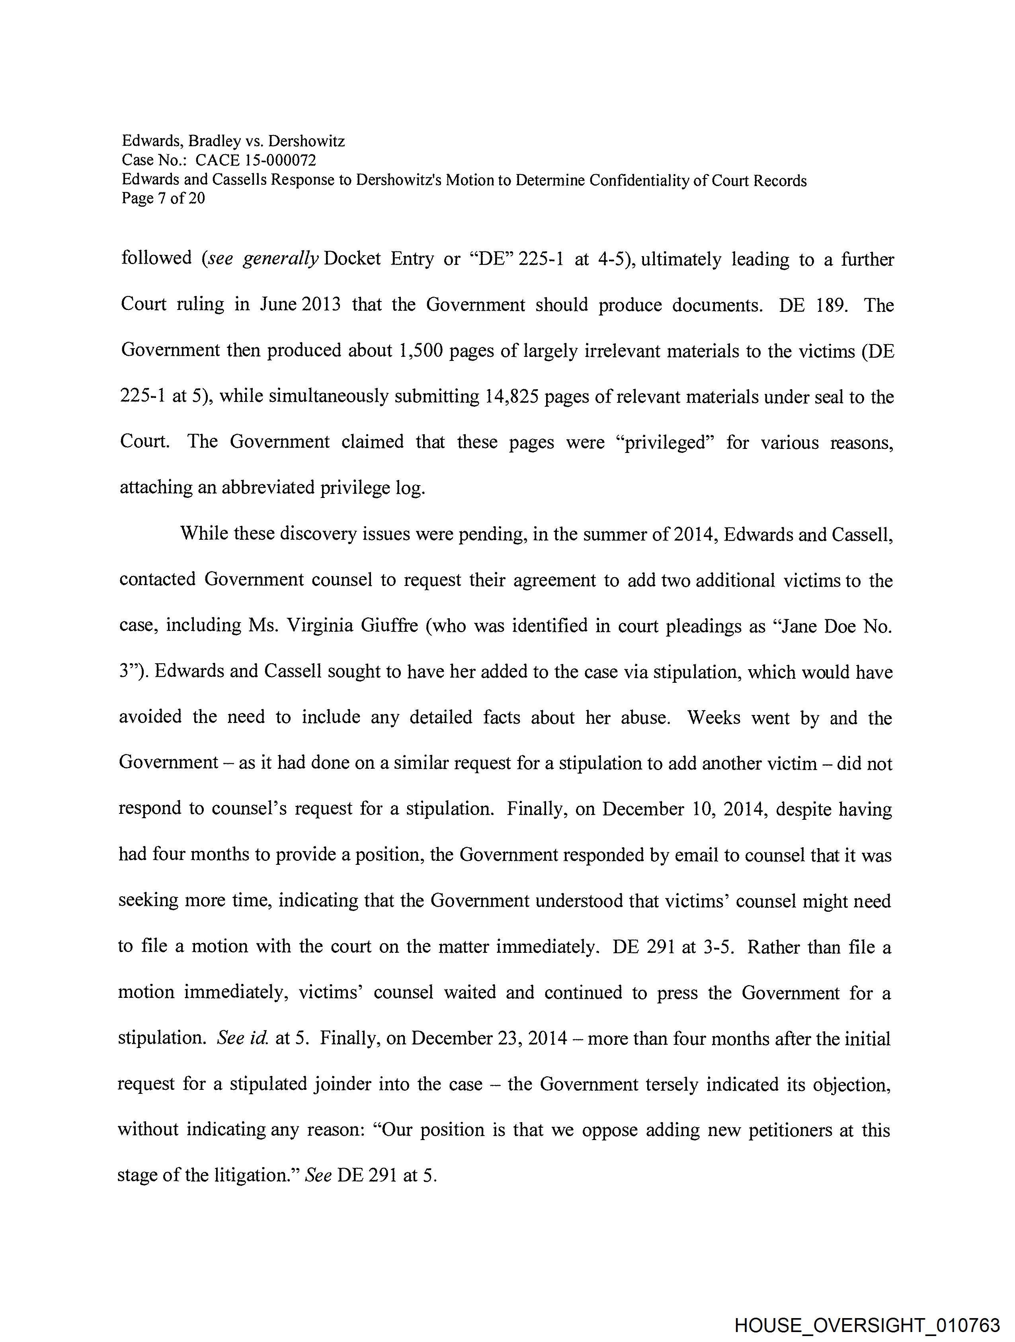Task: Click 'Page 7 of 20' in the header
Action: click(x=163, y=198)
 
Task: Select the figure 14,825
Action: click(x=512, y=396)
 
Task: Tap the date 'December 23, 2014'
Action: click(x=489, y=1038)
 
